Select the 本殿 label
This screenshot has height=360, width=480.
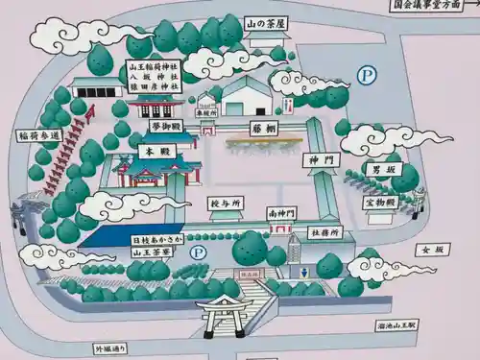147,152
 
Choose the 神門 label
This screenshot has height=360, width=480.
319,159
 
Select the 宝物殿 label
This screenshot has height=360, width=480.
379,202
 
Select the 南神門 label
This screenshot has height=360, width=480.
282,212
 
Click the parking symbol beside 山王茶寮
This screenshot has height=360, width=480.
199,252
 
